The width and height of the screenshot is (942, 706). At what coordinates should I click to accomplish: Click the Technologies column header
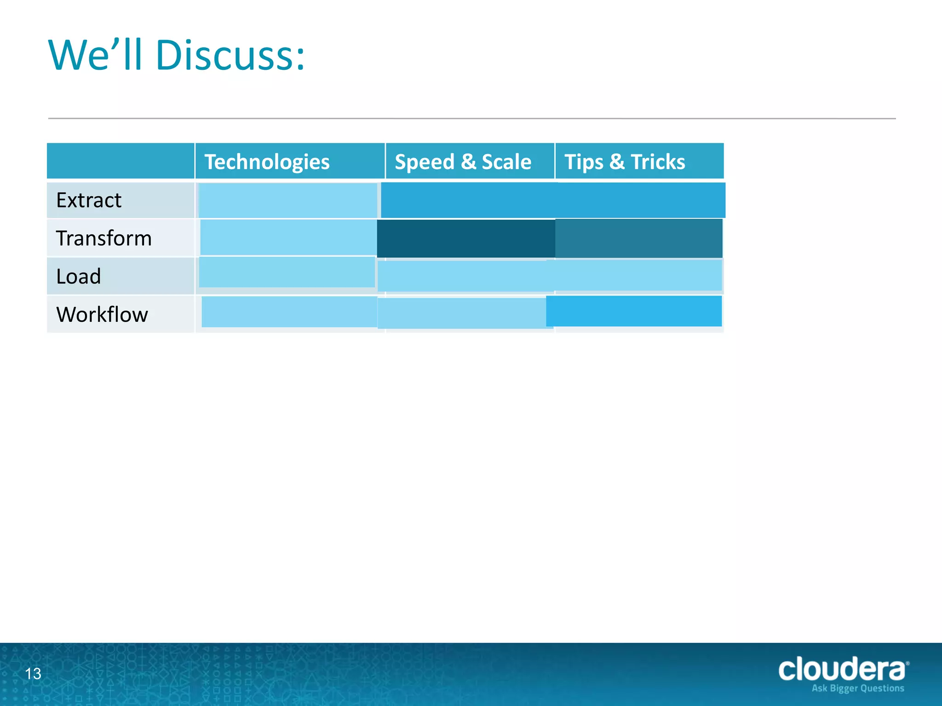pos(267,162)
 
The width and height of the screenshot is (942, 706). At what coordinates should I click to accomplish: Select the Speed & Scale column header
pos(463,162)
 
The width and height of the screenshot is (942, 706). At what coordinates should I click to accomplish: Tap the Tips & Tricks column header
pos(625,162)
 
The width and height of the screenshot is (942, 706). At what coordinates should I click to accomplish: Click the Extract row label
pos(89,200)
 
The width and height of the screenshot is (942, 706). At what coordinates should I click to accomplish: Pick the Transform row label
pos(104,238)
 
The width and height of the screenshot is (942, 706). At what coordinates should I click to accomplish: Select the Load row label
pos(79,276)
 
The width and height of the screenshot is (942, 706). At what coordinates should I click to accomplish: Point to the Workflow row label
pos(102,314)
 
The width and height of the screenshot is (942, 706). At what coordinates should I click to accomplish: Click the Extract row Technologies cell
pos(288,200)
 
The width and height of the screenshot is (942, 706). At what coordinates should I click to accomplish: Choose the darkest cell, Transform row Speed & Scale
pos(465,238)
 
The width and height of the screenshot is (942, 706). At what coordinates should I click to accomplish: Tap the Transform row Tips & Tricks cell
pos(638,238)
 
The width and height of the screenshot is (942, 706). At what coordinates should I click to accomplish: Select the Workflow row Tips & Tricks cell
pos(634,311)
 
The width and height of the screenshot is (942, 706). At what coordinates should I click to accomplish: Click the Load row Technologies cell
pos(287,272)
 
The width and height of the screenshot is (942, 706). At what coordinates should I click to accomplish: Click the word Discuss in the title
pos(230,56)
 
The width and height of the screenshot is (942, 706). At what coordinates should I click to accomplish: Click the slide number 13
pos(33,674)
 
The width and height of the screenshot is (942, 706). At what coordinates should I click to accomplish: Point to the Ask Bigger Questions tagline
pos(858,688)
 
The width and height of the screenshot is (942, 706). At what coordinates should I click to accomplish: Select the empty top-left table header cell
pos(121,161)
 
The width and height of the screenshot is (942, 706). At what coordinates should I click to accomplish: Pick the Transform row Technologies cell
pos(288,237)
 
